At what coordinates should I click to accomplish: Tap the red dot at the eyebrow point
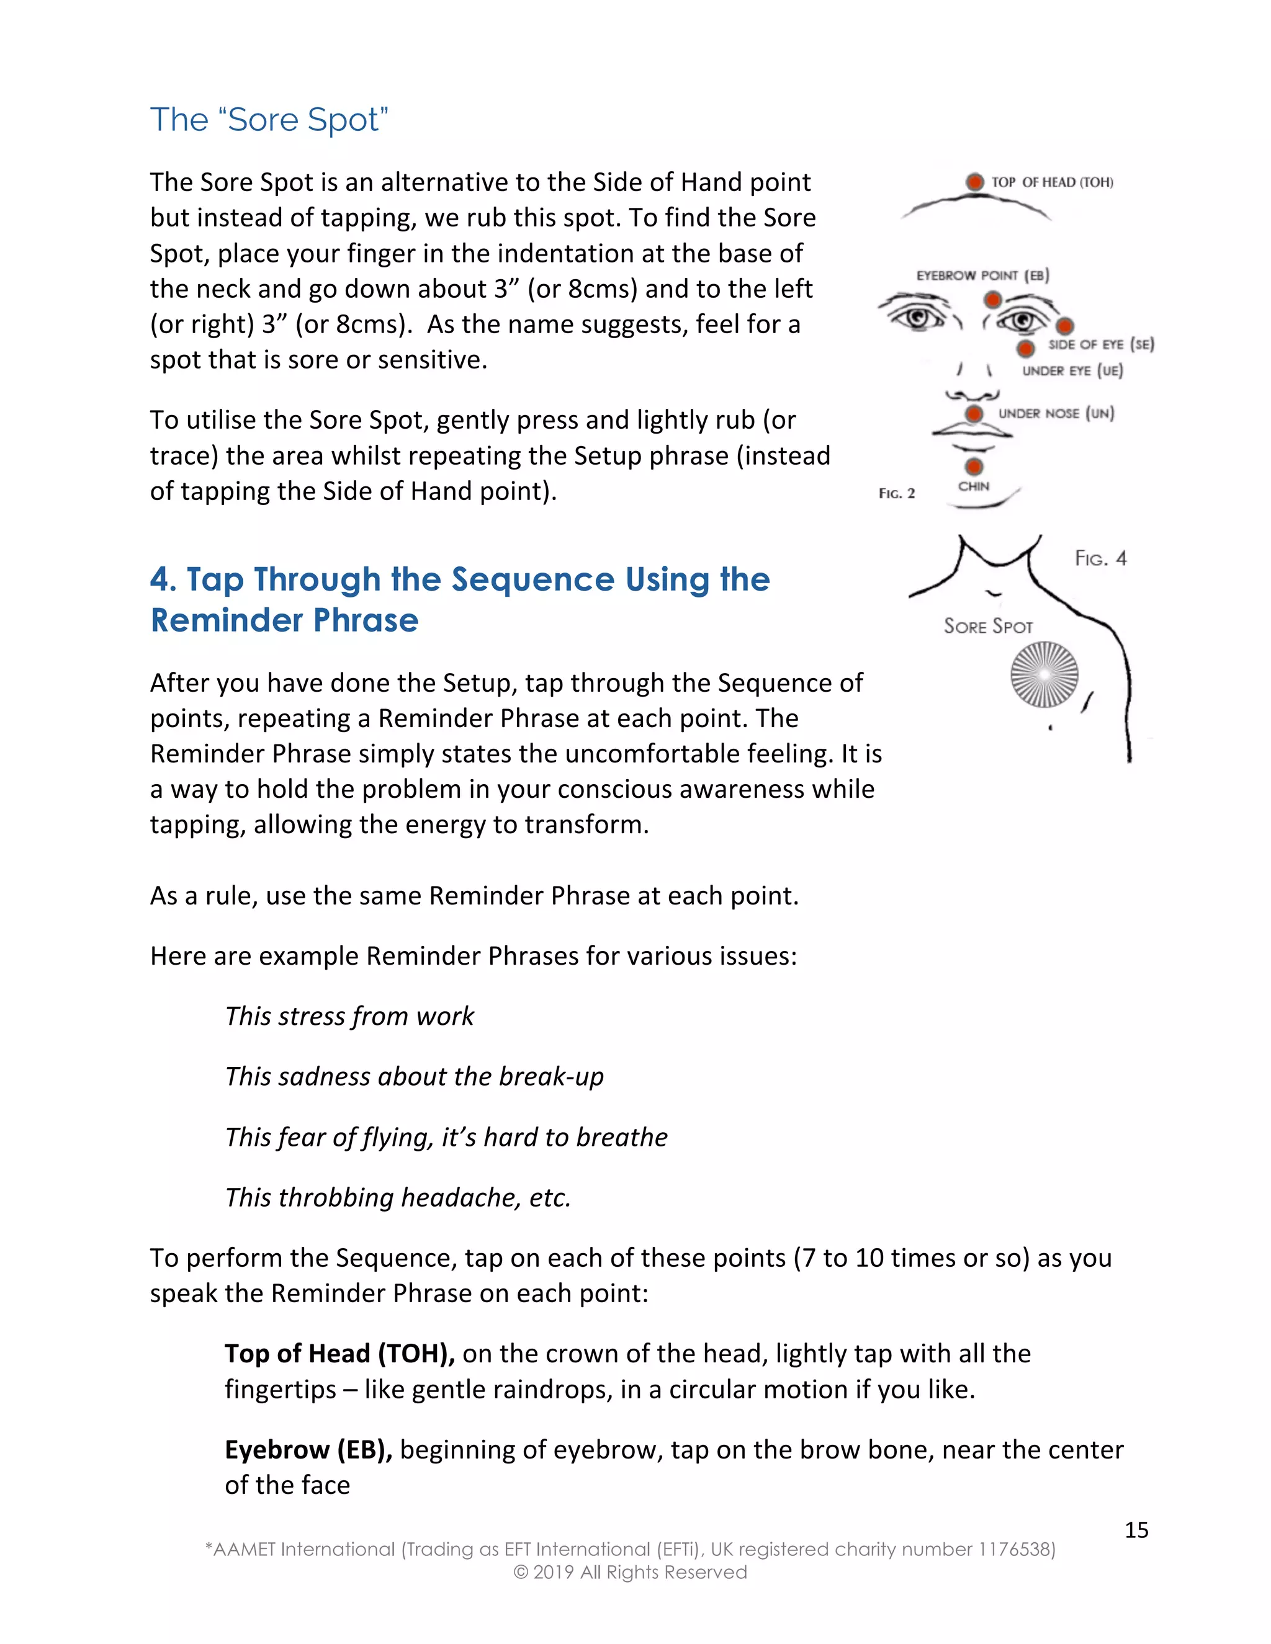coord(992,300)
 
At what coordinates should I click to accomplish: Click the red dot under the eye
coord(1025,349)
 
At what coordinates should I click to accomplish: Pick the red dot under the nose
coord(974,414)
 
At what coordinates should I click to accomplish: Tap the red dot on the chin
coord(974,466)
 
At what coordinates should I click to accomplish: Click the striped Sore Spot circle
coord(1044,674)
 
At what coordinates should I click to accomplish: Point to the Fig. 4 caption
coord(1100,558)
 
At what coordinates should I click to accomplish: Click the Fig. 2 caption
coord(896,494)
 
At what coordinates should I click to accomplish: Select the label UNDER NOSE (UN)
coord(1056,413)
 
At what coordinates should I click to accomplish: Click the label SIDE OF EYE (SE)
coord(1100,345)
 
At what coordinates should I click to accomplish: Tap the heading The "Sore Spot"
coord(269,120)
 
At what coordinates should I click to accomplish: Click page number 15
coord(1136,1530)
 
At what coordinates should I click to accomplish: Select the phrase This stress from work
coord(349,1016)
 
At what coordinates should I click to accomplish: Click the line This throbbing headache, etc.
coord(398,1197)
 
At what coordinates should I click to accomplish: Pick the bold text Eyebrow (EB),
coord(308,1450)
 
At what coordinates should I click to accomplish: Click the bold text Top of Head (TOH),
coord(339,1354)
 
